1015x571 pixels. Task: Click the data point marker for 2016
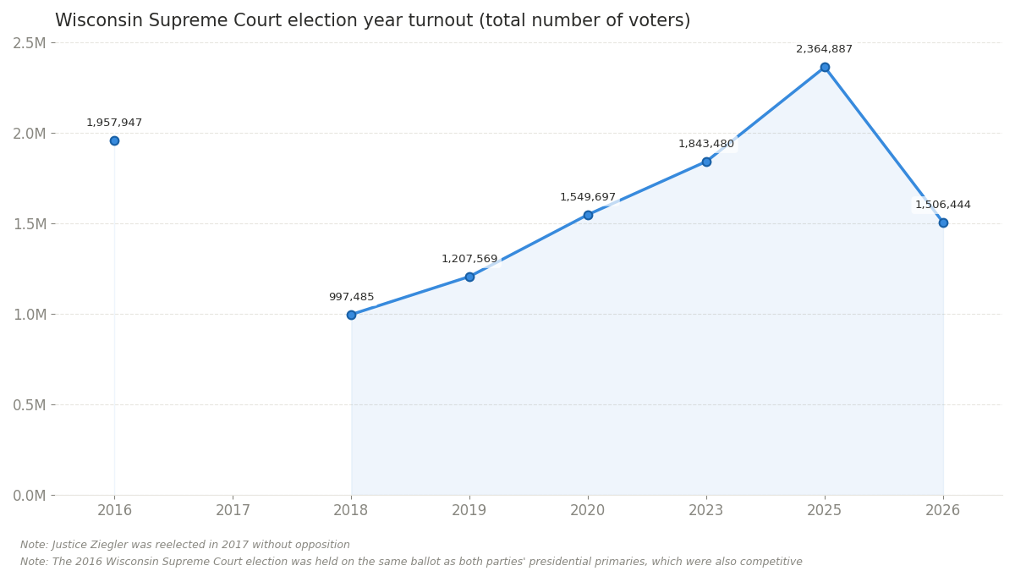(x=114, y=140)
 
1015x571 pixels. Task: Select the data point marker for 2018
(x=351, y=315)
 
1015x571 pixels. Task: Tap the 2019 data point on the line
(x=469, y=277)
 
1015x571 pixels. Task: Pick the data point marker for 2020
(x=588, y=215)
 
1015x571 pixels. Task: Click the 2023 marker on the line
(x=706, y=162)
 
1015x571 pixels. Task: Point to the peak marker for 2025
(x=825, y=67)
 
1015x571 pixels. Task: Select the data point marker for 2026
(x=943, y=222)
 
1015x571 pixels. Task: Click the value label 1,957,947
(x=114, y=123)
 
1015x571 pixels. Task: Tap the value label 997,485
(x=351, y=297)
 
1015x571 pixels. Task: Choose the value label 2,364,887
(x=825, y=49)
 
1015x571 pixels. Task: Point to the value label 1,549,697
(x=588, y=197)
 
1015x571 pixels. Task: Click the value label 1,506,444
(x=943, y=205)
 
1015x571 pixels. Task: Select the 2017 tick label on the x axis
(x=233, y=510)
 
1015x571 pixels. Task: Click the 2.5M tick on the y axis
(x=30, y=43)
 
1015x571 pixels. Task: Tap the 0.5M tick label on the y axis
(x=30, y=405)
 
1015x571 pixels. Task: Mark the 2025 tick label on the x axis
(x=825, y=510)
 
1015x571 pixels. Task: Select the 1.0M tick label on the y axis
(x=30, y=315)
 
